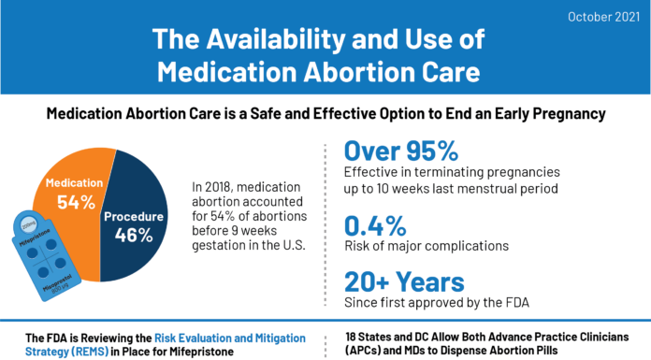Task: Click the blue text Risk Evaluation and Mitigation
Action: (219, 336)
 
